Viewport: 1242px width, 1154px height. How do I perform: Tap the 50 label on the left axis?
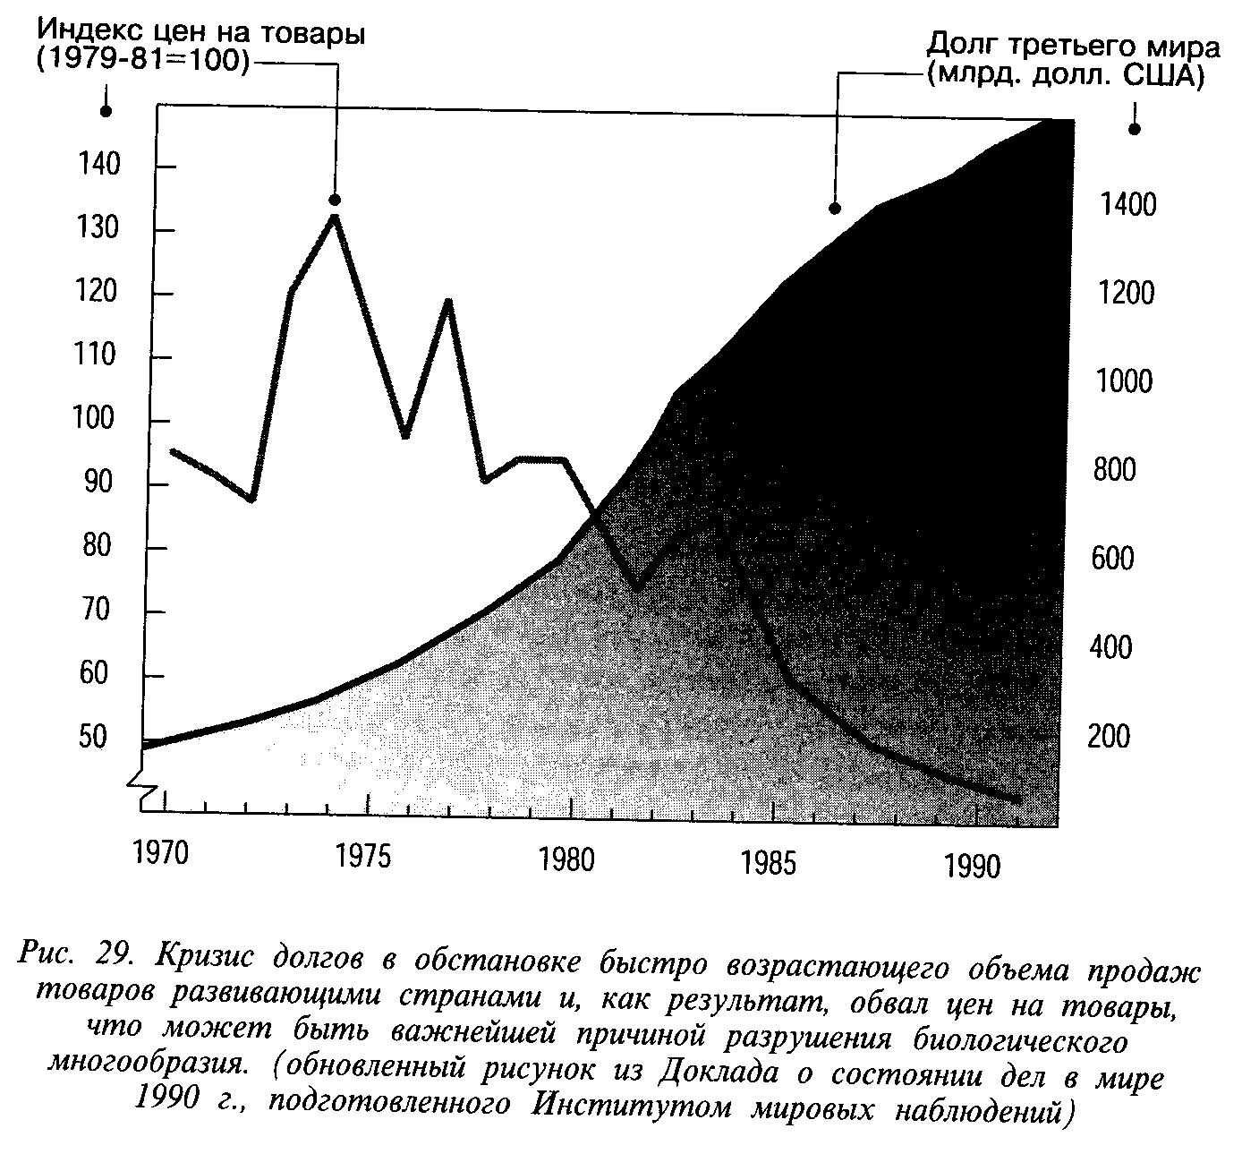coord(92,737)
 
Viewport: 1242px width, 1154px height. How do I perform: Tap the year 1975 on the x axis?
coord(363,857)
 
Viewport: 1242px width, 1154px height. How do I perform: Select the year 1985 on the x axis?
coord(770,863)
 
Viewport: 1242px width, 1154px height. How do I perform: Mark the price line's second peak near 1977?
coord(447,302)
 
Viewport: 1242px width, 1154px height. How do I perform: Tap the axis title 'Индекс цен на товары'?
coord(201,33)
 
